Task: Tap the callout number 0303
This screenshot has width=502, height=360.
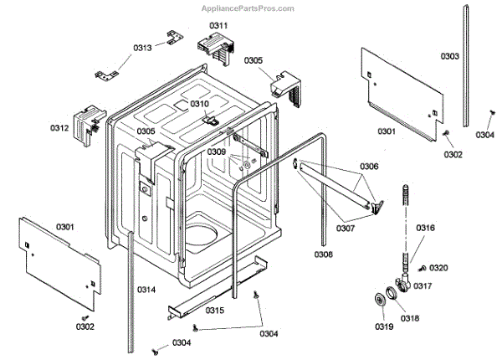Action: pos(450,56)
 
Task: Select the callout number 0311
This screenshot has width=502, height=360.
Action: pos(218,26)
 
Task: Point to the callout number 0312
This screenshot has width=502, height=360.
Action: pos(59,128)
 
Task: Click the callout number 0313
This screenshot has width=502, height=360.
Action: pos(142,48)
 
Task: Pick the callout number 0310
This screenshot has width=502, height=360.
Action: pos(199,104)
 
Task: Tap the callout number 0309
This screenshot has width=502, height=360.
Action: pos(217,152)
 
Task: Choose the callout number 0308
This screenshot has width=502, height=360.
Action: pos(324,254)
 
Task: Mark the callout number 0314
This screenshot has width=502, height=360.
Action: pos(146,290)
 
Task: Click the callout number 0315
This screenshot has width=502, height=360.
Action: pos(215,311)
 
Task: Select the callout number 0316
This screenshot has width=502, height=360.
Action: pos(426,228)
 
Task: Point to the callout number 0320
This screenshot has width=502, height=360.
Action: pos(438,268)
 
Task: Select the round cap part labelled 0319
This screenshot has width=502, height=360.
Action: pos(384,301)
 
